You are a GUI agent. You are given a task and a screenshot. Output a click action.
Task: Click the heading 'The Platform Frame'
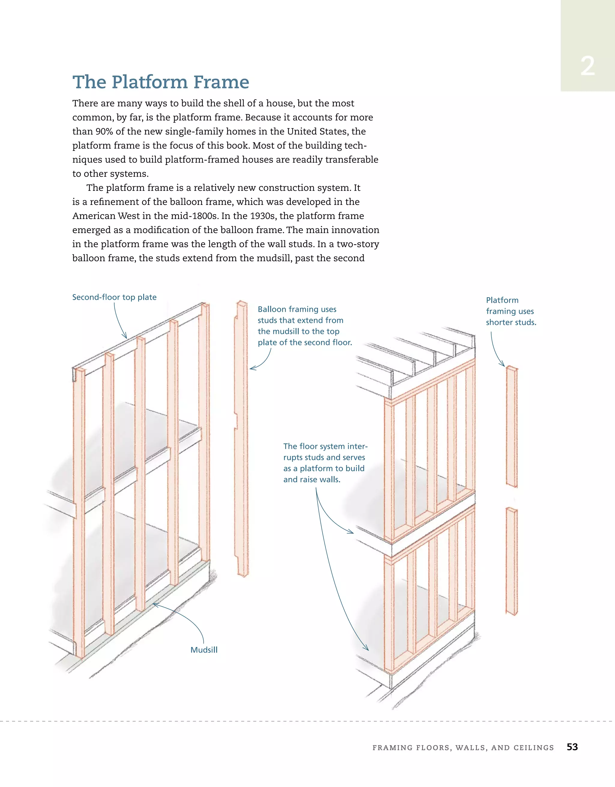coord(161,82)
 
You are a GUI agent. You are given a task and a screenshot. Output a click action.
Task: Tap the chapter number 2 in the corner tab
coord(587,66)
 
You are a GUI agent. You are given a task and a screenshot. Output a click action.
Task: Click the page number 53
coord(572,747)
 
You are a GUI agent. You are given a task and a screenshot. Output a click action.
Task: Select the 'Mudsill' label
coord(204,650)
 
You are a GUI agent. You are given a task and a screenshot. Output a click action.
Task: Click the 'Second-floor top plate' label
coord(114,297)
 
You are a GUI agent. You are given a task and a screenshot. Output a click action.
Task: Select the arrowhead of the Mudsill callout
coord(155,604)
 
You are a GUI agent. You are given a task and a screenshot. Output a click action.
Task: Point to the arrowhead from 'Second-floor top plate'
coord(126,336)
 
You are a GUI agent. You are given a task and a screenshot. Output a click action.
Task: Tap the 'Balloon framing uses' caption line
coord(297,309)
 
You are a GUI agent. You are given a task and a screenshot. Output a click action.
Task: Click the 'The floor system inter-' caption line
coord(325,446)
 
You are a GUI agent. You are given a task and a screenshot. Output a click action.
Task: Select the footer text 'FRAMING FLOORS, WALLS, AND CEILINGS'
coord(463,748)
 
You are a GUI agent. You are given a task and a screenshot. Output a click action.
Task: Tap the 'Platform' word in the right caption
coord(502,300)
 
